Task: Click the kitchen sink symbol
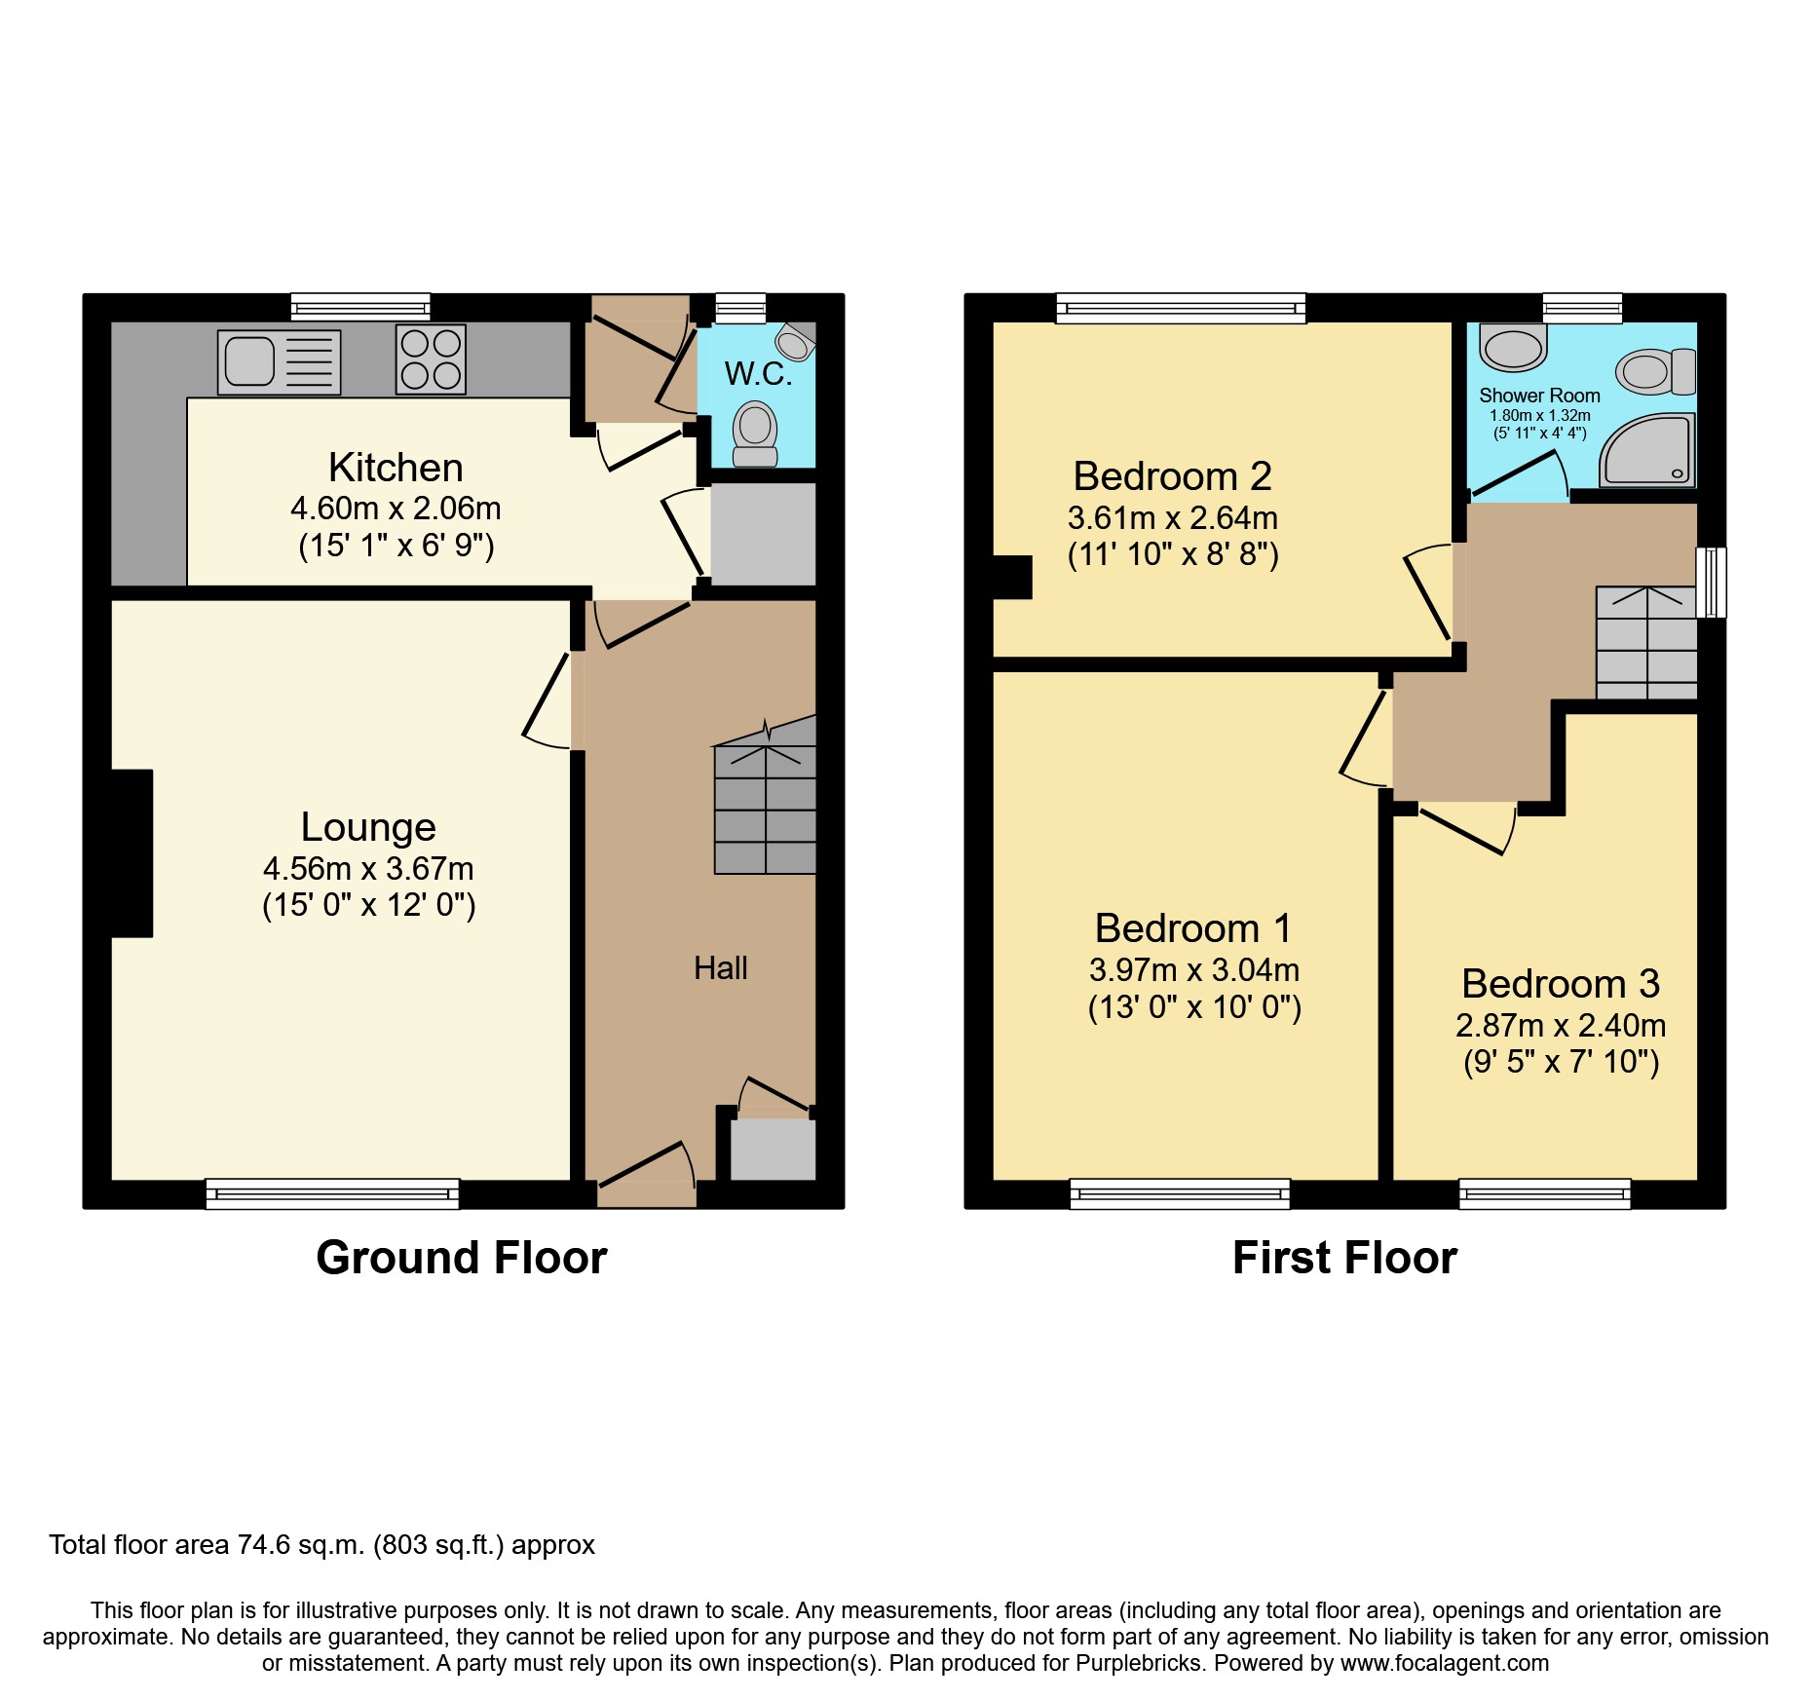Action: (x=279, y=361)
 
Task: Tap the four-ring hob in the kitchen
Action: (x=431, y=359)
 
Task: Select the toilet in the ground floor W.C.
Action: (x=755, y=434)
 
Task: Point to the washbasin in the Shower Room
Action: (x=1513, y=348)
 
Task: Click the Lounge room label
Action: (x=368, y=827)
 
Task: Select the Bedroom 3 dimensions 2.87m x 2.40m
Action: (x=1561, y=1026)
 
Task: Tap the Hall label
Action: (x=720, y=968)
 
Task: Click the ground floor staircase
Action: (x=765, y=809)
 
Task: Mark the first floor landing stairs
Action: (x=1646, y=643)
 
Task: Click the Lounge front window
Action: (x=332, y=1193)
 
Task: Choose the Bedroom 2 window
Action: (x=1181, y=309)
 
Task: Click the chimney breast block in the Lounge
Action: (x=132, y=853)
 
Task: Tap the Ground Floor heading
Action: (x=461, y=1258)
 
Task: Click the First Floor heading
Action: (x=1344, y=1258)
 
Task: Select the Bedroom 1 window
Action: (x=1180, y=1193)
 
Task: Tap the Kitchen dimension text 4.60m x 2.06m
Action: (x=396, y=509)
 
